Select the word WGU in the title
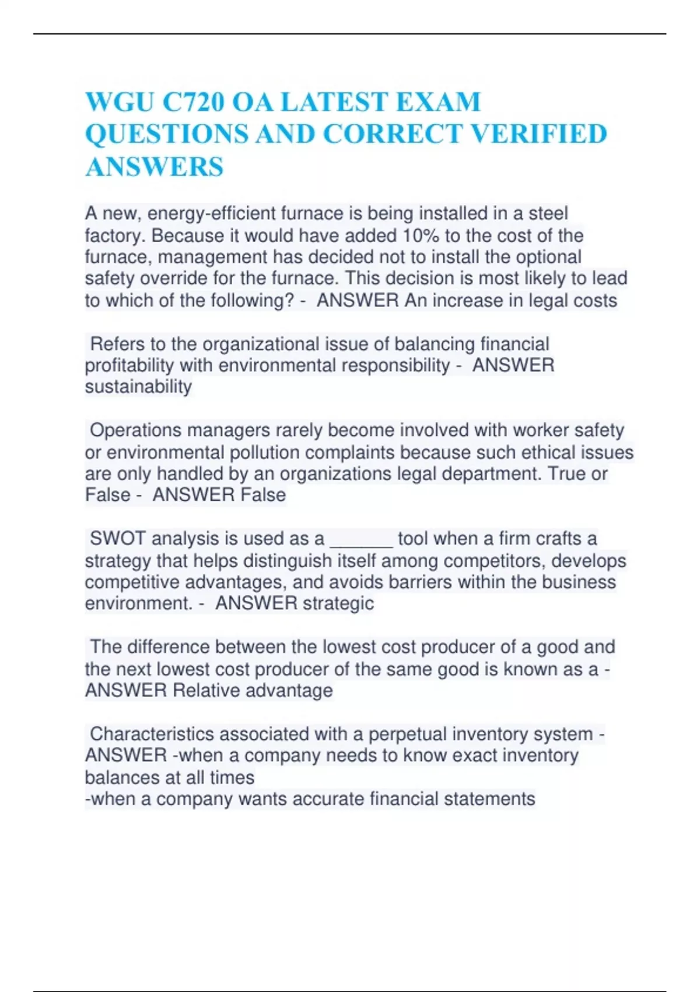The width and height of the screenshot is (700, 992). (119, 102)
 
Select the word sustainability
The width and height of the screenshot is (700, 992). (138, 387)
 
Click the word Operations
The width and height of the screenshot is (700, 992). (135, 431)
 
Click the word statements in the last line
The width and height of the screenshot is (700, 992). (489, 799)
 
